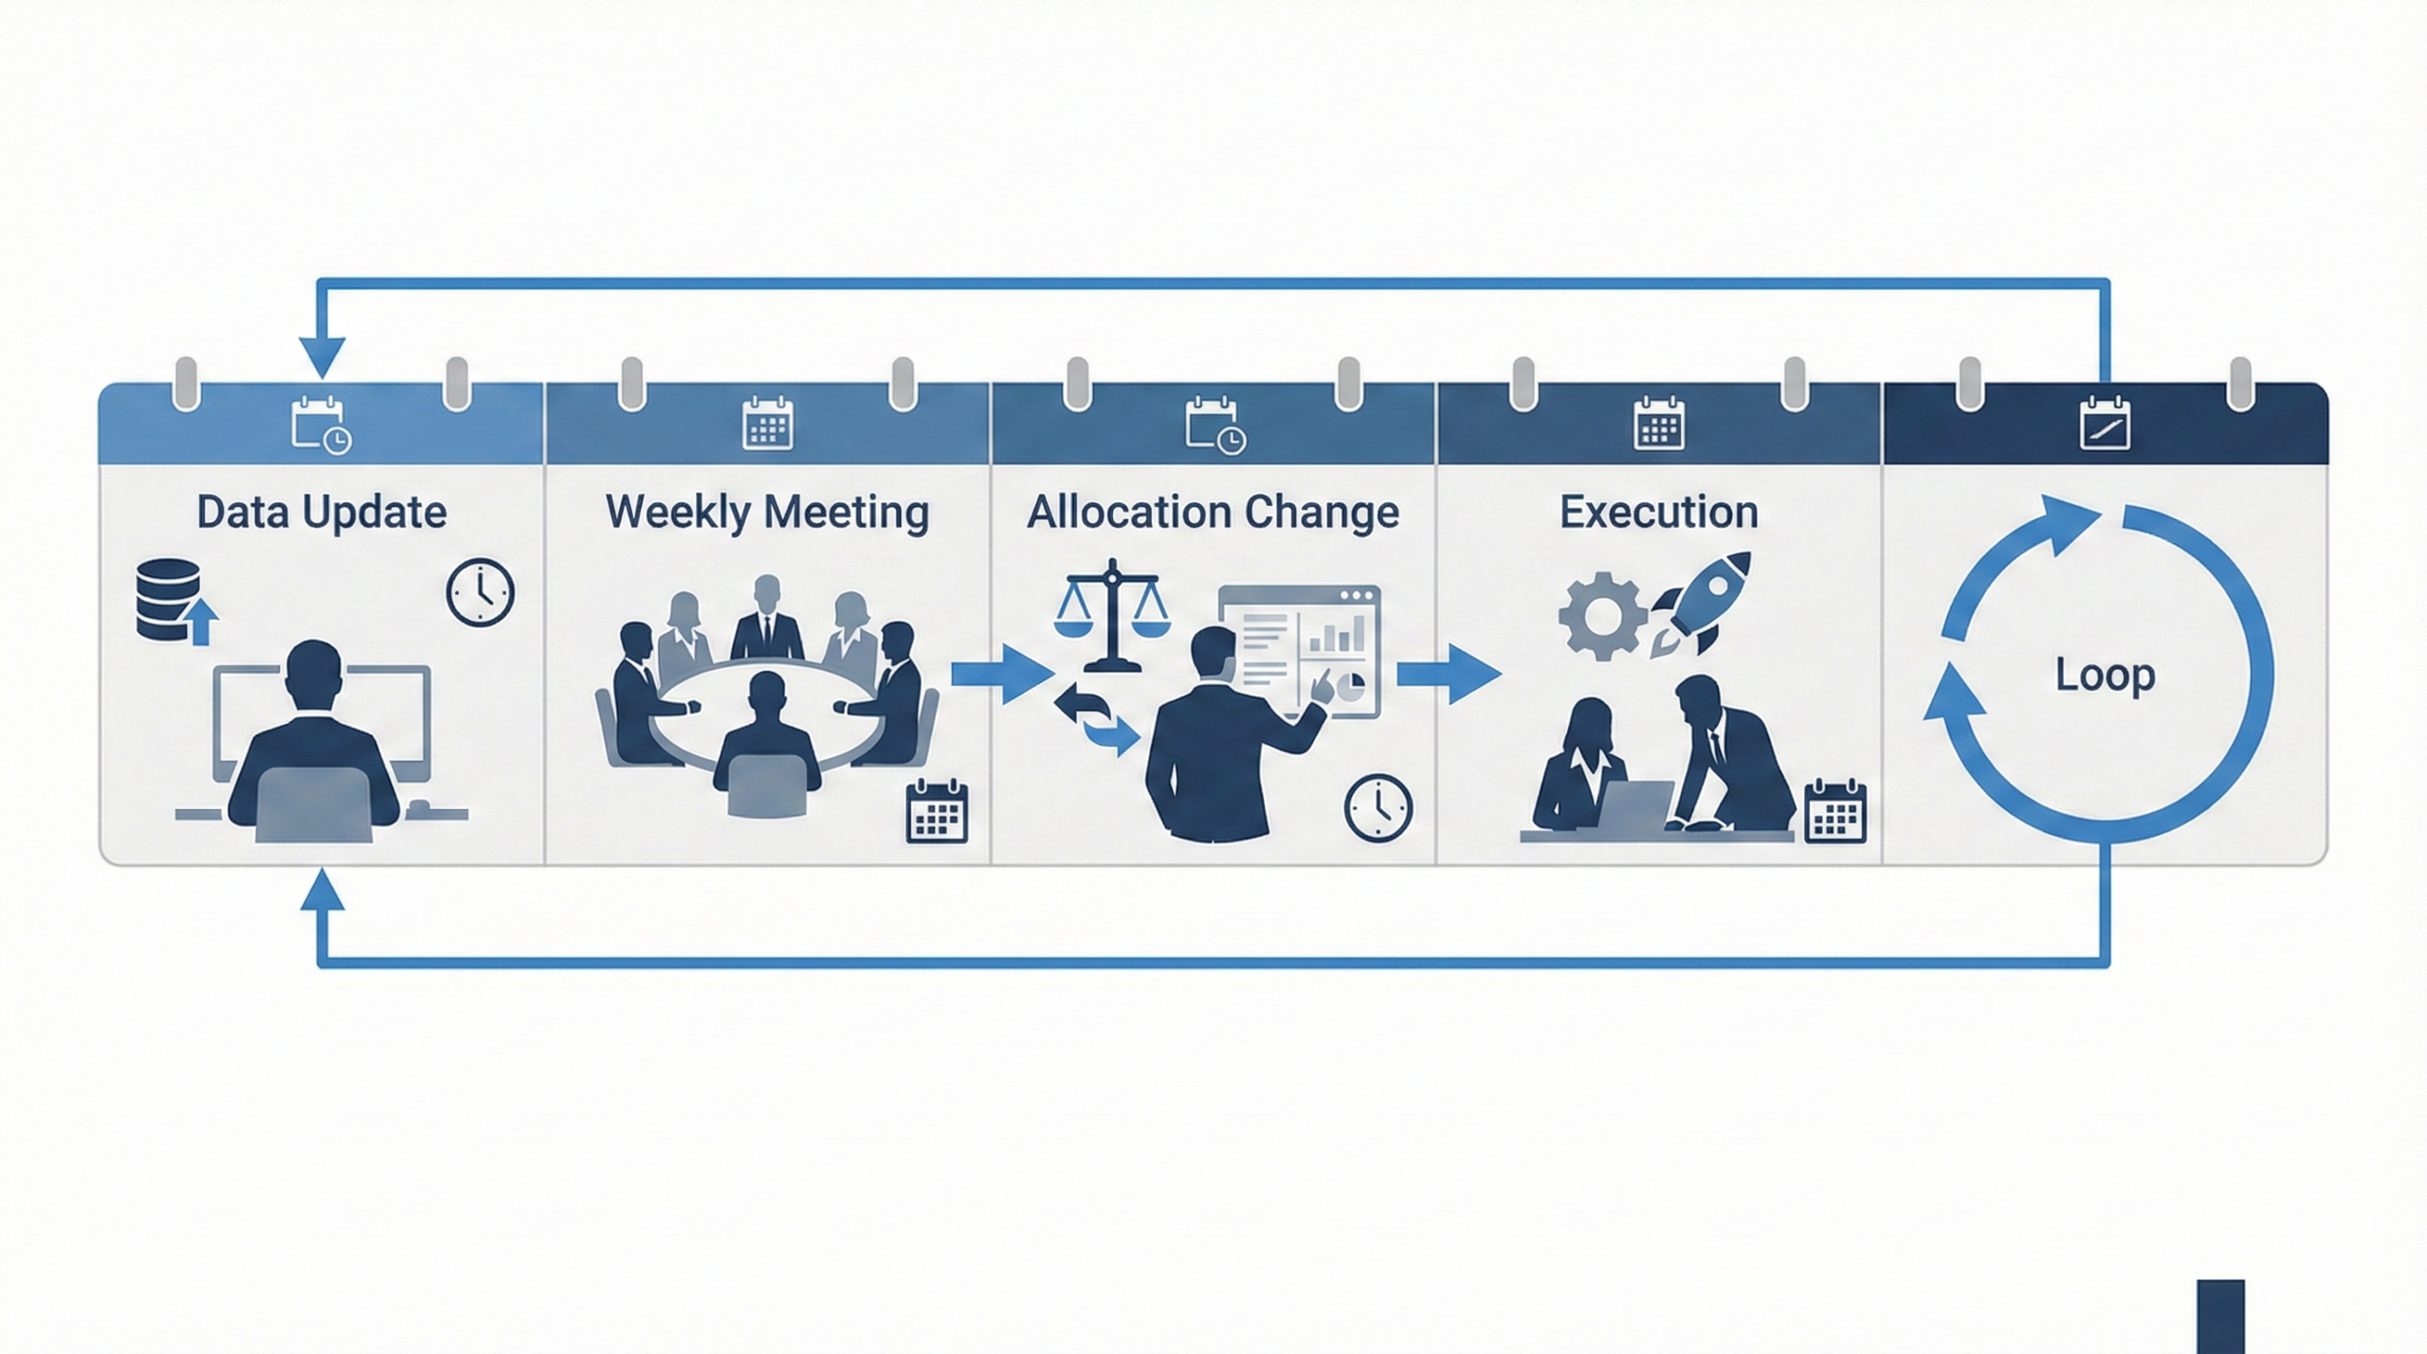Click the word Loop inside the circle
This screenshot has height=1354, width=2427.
2105,675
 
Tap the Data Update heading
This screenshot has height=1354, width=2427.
321,513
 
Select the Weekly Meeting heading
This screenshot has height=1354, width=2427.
767,513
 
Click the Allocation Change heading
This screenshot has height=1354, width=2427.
1213,513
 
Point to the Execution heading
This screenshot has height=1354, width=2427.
1658,513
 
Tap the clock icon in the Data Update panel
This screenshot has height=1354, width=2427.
481,592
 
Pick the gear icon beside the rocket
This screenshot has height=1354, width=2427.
1601,616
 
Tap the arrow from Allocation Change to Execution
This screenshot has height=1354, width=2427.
1448,674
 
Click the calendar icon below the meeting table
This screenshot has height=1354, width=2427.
937,811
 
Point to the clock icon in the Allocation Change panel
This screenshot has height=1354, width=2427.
1378,808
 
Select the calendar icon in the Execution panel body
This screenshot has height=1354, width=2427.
1835,811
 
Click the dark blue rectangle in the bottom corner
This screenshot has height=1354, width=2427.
2220,1316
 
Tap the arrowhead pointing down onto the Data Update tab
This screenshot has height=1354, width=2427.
321,358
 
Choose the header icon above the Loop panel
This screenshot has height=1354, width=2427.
2105,424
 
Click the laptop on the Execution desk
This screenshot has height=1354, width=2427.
1636,805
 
